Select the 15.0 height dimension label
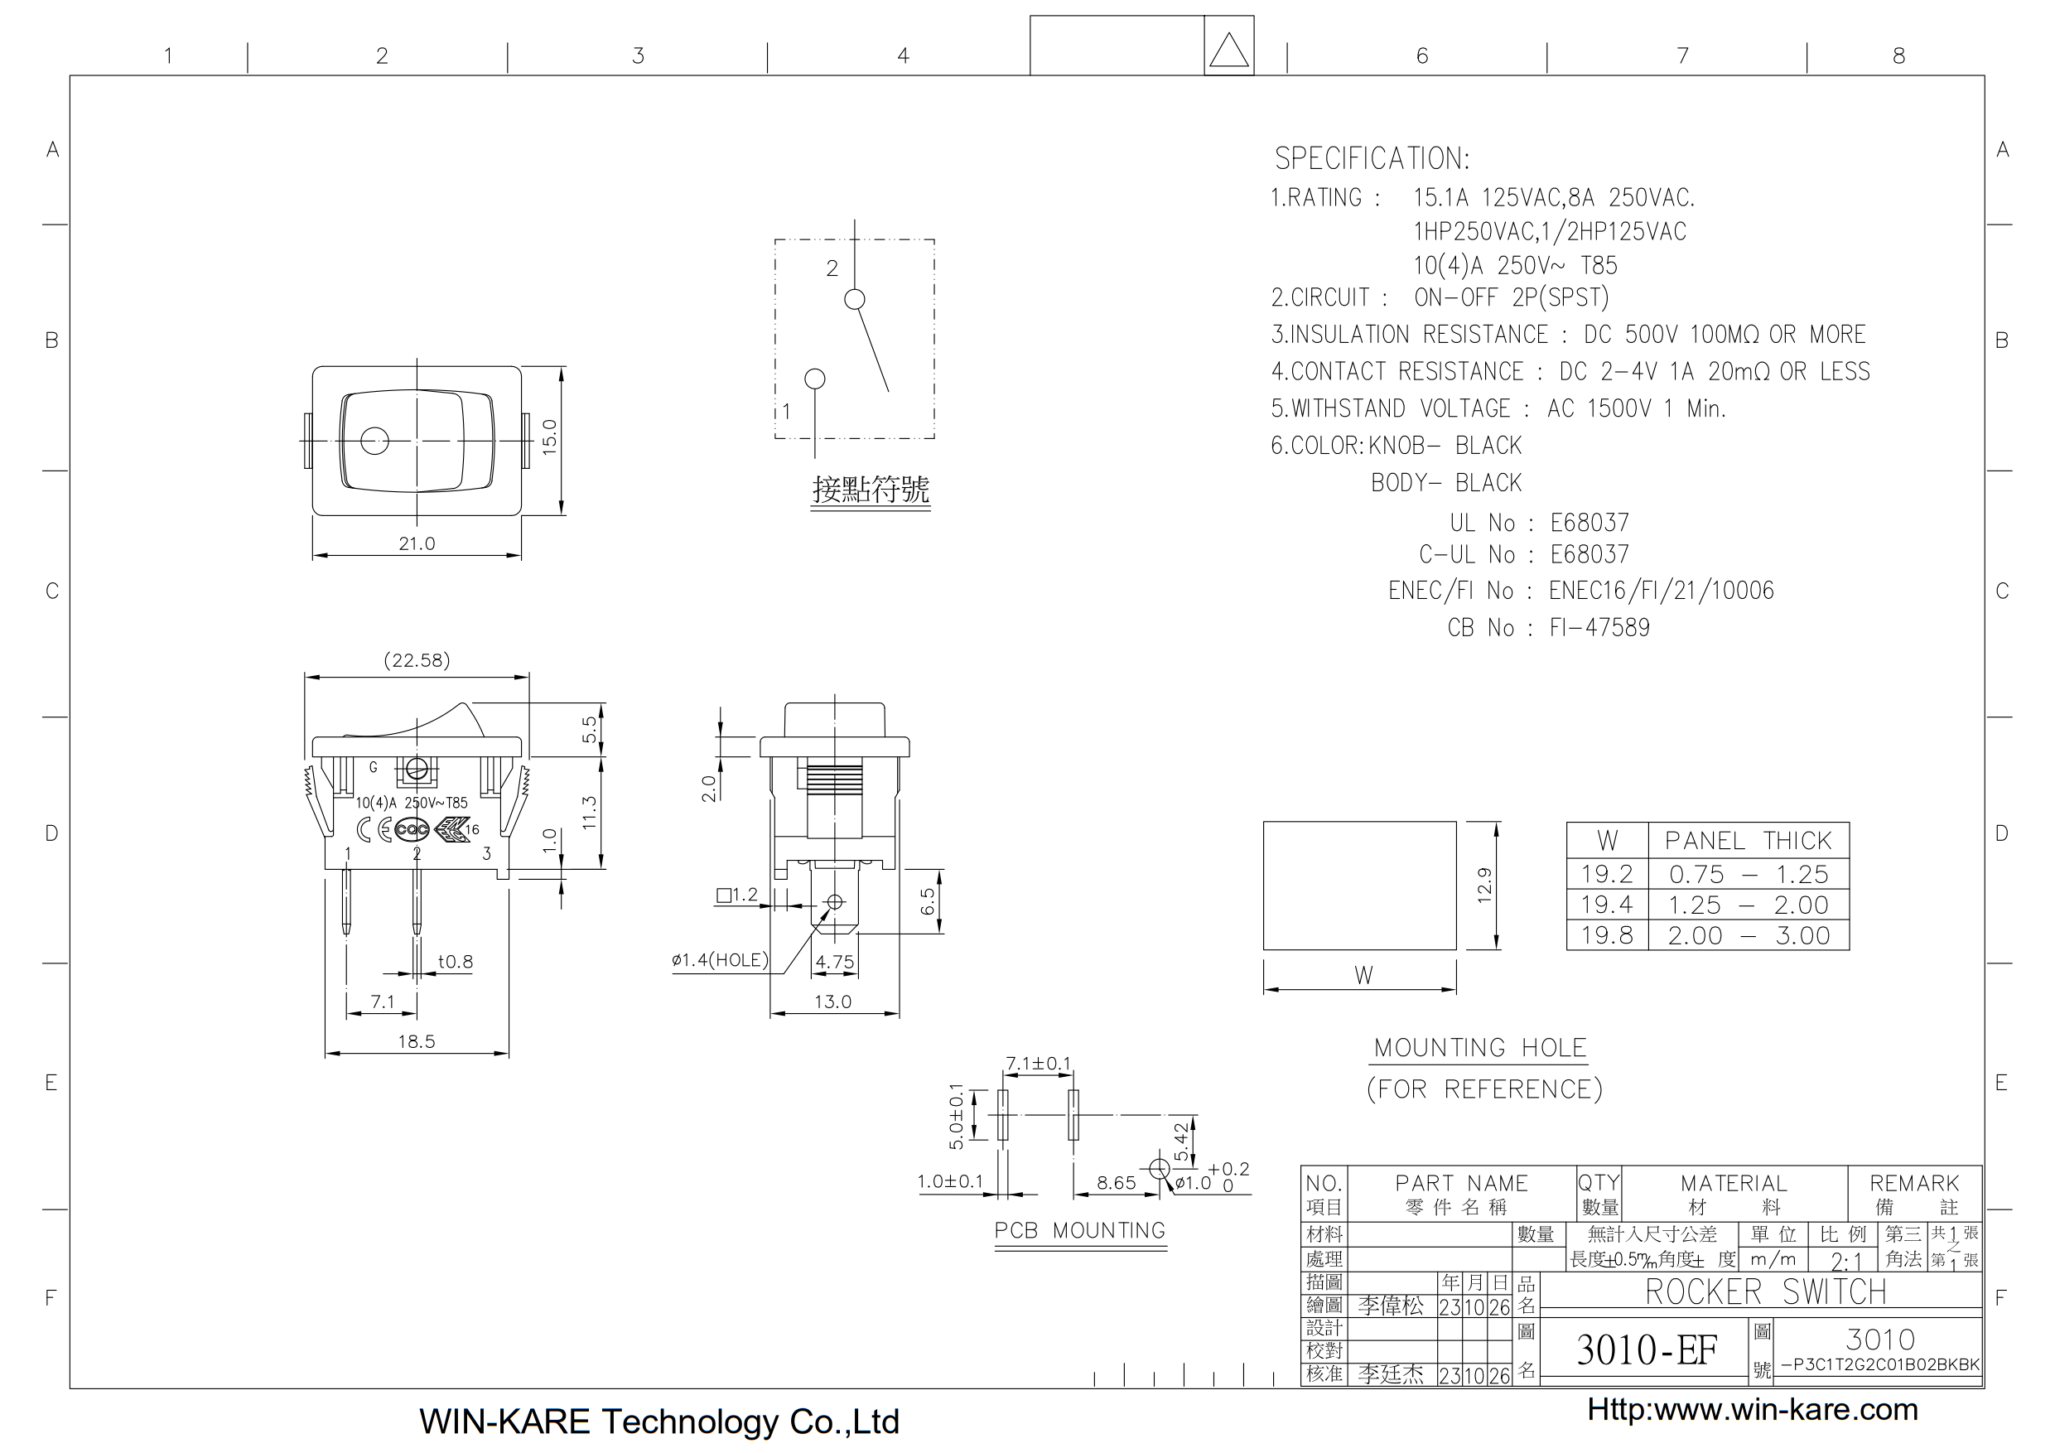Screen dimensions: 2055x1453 pos(549,437)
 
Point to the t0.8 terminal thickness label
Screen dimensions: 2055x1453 pos(455,962)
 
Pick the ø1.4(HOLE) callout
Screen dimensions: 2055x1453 pos(720,961)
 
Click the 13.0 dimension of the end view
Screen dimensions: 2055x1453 pos(832,1002)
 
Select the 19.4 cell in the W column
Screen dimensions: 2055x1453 pos(1607,905)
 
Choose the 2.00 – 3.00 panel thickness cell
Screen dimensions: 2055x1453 pos(1748,935)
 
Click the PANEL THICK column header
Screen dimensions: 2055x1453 pos(1748,841)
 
